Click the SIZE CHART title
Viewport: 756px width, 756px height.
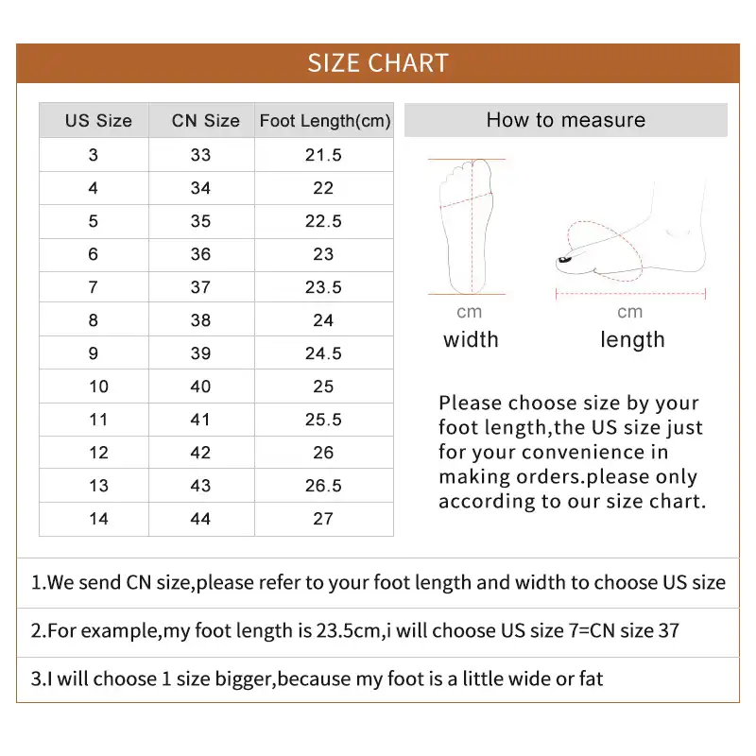(378, 63)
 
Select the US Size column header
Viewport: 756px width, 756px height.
(98, 121)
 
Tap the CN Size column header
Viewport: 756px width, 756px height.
(205, 121)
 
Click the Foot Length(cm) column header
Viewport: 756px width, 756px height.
(324, 121)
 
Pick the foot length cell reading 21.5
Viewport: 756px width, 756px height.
(323, 155)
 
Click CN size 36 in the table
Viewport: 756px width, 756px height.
(200, 254)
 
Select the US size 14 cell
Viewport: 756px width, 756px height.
(98, 519)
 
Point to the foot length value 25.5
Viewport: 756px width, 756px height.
(323, 420)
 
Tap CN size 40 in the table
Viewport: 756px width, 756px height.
(200, 387)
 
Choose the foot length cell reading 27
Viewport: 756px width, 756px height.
(323, 519)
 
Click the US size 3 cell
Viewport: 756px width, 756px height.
(93, 155)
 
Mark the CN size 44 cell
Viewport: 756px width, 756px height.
(200, 519)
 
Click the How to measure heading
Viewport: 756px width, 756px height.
(565, 120)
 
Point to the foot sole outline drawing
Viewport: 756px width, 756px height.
(468, 225)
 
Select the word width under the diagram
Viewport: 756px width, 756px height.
(471, 340)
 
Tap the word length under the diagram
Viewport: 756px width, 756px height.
(632, 340)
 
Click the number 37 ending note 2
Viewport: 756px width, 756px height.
(668, 630)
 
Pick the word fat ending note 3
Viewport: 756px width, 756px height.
(590, 679)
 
